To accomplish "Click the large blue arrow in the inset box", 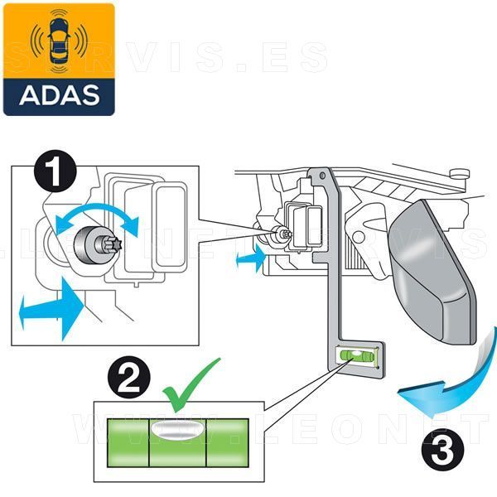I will (51, 311).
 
